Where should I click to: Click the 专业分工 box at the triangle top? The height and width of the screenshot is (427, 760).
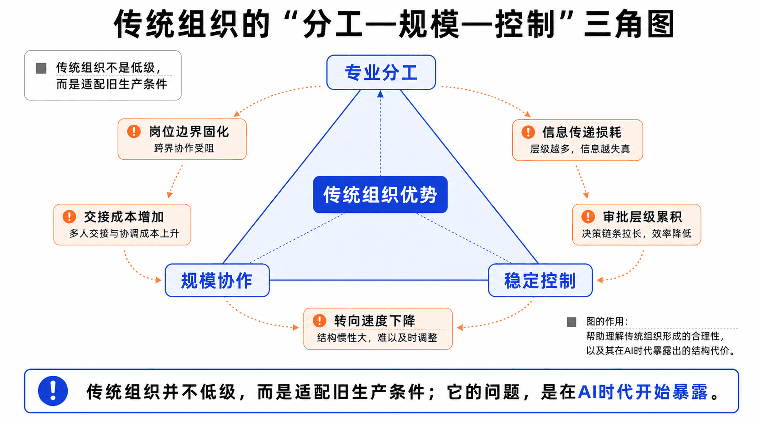pyautogui.click(x=381, y=73)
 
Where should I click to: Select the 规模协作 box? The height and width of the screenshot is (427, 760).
pyautogui.click(x=217, y=280)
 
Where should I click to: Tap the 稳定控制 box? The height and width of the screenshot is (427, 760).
pyautogui.click(x=540, y=280)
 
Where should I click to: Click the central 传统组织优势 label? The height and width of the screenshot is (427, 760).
pyautogui.click(x=380, y=194)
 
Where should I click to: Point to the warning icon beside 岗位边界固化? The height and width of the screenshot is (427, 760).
pyautogui.click(x=134, y=132)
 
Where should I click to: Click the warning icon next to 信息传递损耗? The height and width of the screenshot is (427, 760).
pyautogui.click(x=528, y=132)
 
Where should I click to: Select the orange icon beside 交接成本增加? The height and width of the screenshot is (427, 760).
pyautogui.click(x=69, y=216)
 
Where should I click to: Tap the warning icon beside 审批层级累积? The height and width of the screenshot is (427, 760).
pyautogui.click(x=588, y=216)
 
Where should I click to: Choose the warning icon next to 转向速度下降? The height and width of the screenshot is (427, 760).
pyautogui.click(x=319, y=320)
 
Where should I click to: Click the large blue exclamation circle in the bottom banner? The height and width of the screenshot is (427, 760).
pyautogui.click(x=53, y=391)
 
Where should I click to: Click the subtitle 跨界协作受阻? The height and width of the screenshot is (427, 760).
pyautogui.click(x=184, y=148)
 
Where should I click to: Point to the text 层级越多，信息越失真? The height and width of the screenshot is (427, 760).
pyautogui.click(x=580, y=149)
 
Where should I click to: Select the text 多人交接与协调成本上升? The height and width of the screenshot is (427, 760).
pyautogui.click(x=124, y=233)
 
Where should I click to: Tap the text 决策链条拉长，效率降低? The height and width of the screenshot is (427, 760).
pyautogui.click(x=636, y=233)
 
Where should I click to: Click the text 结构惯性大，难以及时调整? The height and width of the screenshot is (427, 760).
pyautogui.click(x=377, y=338)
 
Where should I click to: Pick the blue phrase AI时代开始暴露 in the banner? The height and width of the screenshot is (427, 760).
pyautogui.click(x=643, y=392)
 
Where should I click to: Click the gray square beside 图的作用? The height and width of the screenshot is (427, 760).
pyautogui.click(x=572, y=322)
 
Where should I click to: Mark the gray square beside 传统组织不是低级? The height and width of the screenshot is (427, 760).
pyautogui.click(x=41, y=68)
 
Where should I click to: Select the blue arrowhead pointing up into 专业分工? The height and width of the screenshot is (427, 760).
pyautogui.click(x=380, y=94)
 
